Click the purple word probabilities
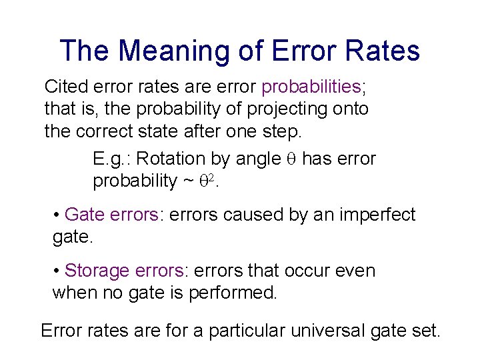(x=311, y=87)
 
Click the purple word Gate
(x=84, y=215)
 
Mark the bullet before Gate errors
(x=57, y=215)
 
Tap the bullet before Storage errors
(x=57, y=271)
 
